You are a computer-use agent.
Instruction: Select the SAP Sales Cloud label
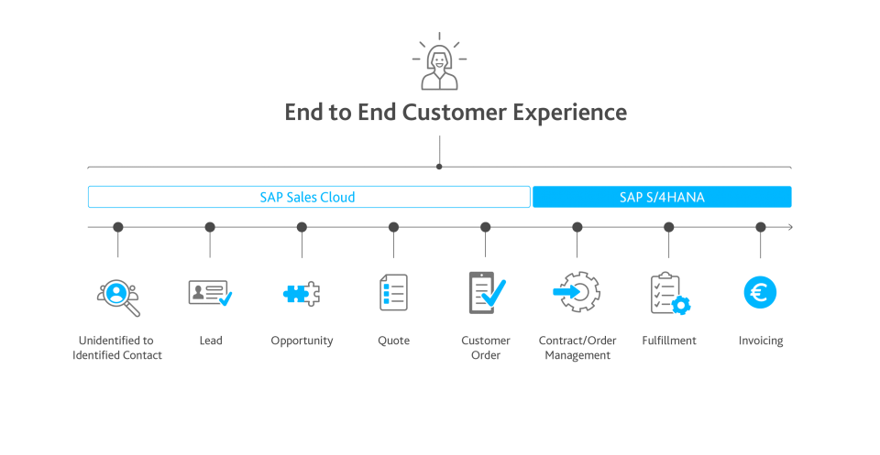point(307,197)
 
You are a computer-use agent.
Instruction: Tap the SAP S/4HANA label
point(661,197)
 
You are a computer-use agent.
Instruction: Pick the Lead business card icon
point(210,293)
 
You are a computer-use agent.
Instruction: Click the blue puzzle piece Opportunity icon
point(302,293)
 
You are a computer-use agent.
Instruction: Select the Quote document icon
point(393,293)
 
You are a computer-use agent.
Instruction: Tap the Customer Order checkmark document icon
point(486,293)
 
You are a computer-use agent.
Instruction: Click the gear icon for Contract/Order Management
point(577,293)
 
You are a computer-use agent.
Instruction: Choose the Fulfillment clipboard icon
point(669,293)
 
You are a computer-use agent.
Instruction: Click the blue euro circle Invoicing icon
point(761,293)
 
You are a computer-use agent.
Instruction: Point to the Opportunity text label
point(302,341)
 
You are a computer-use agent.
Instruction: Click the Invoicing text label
point(761,341)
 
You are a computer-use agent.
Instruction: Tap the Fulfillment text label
point(669,341)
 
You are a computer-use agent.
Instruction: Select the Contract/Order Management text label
point(577,348)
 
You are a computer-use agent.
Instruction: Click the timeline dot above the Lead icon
point(210,227)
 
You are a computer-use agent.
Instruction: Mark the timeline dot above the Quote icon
point(393,227)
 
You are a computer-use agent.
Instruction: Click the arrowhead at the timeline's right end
point(790,227)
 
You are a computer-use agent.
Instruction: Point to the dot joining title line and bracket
point(440,167)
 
